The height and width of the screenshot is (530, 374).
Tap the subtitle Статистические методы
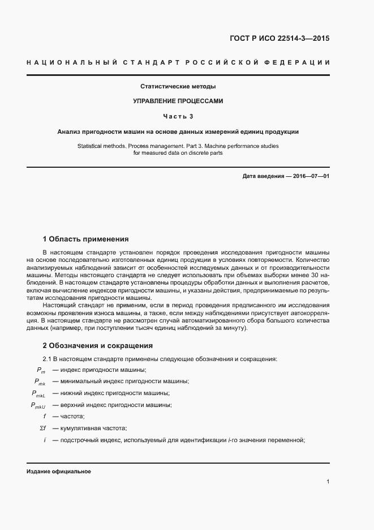tap(178, 87)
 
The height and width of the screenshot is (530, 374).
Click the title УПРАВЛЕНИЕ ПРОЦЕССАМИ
tap(178, 101)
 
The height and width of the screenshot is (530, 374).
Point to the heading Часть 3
tap(178, 116)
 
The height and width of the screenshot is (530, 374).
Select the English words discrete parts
tap(205, 152)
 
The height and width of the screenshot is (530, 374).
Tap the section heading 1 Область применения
tap(86, 239)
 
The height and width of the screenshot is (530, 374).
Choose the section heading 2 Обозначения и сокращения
tap(98, 345)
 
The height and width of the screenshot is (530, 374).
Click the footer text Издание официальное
tap(58, 471)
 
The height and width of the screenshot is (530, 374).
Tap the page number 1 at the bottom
tap(328, 482)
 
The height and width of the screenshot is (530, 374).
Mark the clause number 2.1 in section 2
tap(48, 359)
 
